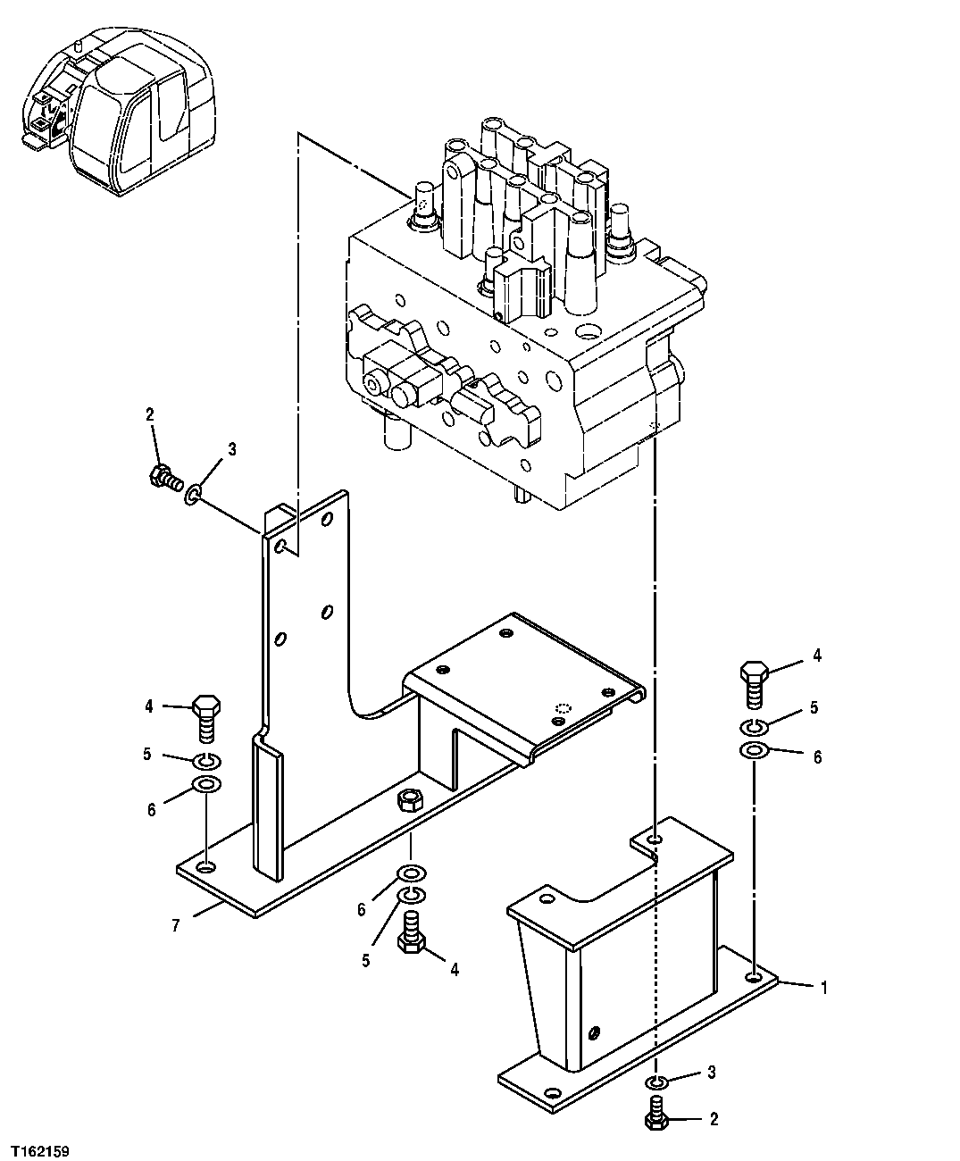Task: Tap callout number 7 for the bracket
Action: coord(175,925)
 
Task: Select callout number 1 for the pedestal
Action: coord(824,988)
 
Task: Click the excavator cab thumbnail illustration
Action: coord(119,113)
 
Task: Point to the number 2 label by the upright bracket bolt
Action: coord(150,414)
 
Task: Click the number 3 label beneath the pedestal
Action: coord(711,1072)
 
